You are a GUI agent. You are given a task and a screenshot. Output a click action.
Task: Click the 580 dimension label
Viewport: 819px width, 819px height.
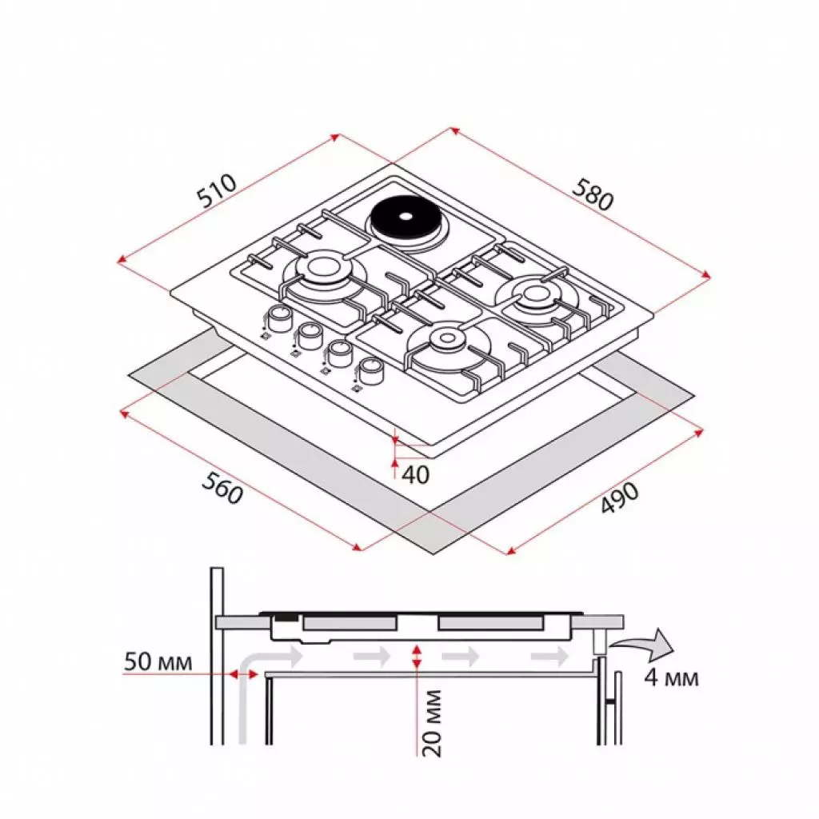click(592, 194)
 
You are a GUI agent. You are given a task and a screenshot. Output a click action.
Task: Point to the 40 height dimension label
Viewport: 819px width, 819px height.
click(415, 475)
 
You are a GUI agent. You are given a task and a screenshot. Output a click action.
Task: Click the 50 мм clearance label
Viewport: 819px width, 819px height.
click(158, 662)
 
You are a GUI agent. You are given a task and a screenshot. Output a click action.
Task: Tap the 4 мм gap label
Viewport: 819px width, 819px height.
click(670, 678)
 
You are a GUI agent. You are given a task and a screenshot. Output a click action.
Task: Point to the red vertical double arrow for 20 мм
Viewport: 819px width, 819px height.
click(416, 657)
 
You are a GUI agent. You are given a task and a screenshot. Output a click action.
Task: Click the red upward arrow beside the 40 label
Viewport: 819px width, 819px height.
click(395, 466)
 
